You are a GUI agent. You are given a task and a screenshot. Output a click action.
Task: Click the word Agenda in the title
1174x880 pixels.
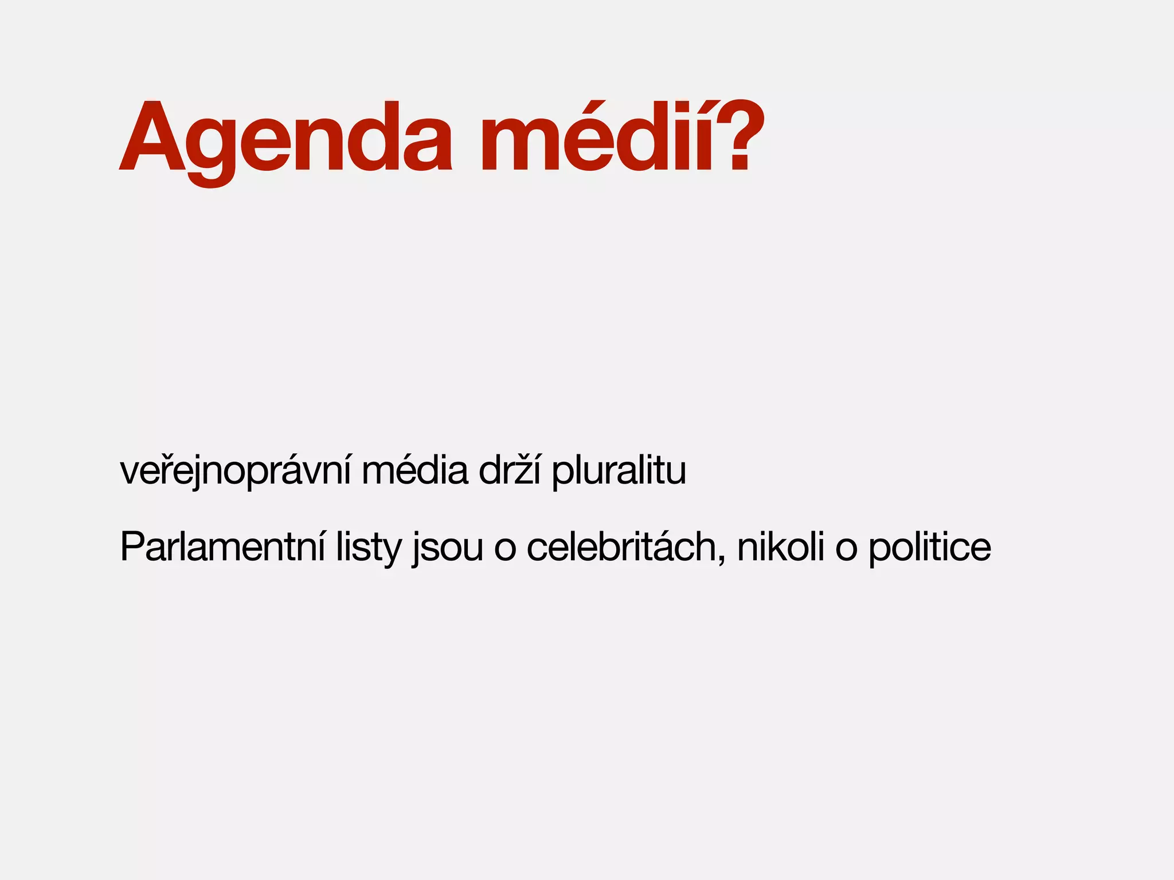(287, 137)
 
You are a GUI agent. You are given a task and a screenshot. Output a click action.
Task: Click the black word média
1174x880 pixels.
(414, 471)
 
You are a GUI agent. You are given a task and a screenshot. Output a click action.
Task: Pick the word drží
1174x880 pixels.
(509, 471)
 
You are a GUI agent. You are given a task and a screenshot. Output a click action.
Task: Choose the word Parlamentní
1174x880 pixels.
(222, 548)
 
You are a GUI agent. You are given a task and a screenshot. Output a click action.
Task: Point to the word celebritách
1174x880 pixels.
(621, 548)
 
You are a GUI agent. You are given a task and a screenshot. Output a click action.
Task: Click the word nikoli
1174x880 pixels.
(780, 548)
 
